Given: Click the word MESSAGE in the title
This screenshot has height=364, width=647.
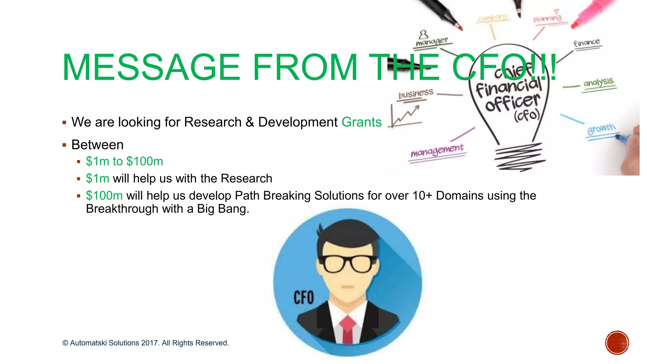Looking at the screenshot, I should click(x=151, y=67).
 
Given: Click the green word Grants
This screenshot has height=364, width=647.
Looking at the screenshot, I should click(x=361, y=122).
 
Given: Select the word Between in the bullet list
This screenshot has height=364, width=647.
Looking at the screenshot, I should click(x=97, y=145).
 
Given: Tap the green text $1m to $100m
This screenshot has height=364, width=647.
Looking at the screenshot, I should click(x=124, y=161).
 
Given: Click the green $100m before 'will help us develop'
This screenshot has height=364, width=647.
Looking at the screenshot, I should click(x=104, y=196).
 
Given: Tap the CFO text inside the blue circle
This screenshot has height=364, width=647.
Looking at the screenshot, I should click(x=304, y=298).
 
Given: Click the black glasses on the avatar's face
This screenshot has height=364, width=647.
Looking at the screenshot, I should click(x=348, y=264).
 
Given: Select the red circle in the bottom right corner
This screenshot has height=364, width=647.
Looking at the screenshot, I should click(x=617, y=343).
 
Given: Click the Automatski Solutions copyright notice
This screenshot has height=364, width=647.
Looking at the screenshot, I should click(x=145, y=343).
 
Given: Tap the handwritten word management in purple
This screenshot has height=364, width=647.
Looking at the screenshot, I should click(x=437, y=150).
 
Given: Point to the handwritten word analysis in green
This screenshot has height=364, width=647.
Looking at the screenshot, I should click(x=598, y=82).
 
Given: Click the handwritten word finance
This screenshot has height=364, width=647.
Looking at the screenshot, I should click(x=587, y=42).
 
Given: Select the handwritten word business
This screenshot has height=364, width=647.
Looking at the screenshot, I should click(x=416, y=94).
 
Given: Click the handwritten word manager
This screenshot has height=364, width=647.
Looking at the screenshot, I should click(x=432, y=41).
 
